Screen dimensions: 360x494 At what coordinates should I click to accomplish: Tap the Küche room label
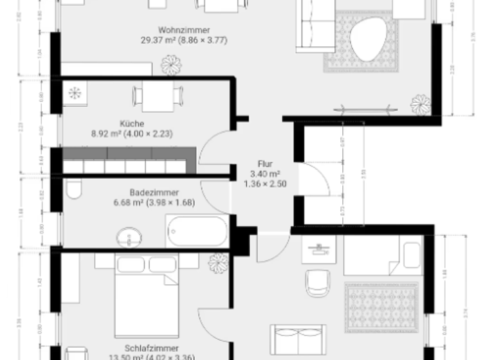pyautogui.click(x=131, y=123)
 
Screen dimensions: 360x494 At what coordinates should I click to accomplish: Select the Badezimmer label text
pyautogui.click(x=154, y=192)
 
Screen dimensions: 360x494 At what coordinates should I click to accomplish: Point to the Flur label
pyautogui.click(x=265, y=164)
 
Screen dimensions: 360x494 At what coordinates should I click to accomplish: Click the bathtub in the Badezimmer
pyautogui.click(x=197, y=231)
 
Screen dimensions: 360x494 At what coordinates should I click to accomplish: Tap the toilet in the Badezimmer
pyautogui.click(x=74, y=188)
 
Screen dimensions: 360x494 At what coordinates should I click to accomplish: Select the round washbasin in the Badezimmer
pyautogui.click(x=131, y=237)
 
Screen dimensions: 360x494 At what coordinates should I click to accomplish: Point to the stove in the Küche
pyautogui.click(x=75, y=93)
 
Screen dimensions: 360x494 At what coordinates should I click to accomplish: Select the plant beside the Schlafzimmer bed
pyautogui.click(x=218, y=262)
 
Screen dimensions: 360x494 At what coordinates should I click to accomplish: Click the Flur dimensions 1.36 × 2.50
pyautogui.click(x=265, y=184)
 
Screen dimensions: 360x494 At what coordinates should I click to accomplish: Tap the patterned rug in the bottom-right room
pyautogui.click(x=381, y=307)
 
